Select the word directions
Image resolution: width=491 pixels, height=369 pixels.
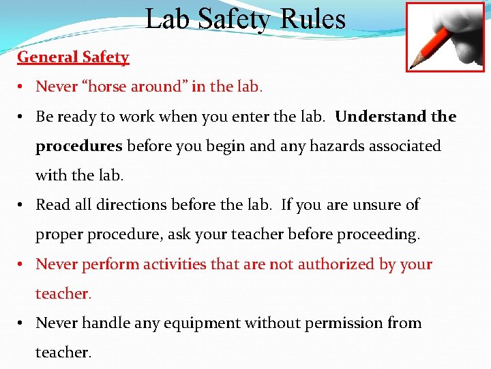(128, 204)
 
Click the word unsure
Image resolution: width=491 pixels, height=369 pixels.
(376, 204)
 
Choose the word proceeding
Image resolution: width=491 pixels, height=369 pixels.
(378, 234)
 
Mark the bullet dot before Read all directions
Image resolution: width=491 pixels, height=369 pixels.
(23, 205)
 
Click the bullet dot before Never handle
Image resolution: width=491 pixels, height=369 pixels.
(23, 323)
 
